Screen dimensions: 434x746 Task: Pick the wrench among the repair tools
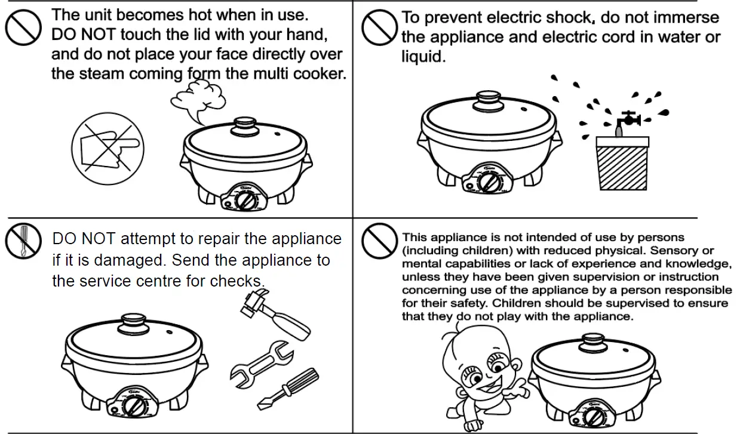tap(262, 361)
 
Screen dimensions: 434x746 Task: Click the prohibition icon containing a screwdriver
tap(22, 240)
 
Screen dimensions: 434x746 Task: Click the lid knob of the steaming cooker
tap(242, 125)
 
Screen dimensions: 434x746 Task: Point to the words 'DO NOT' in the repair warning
tap(83, 239)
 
